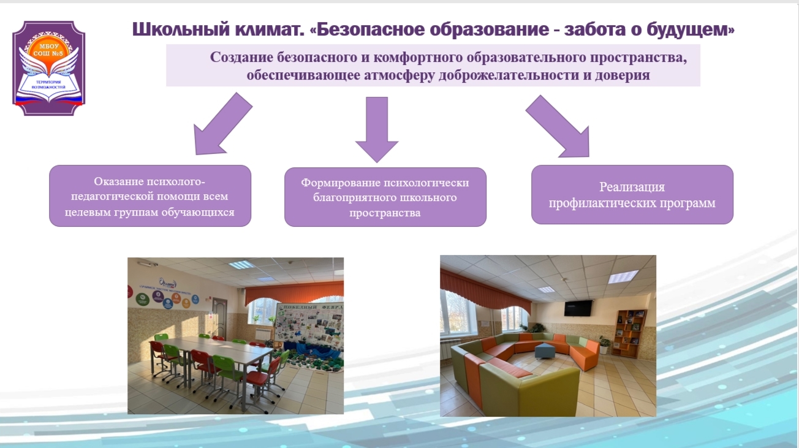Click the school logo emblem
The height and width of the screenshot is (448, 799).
click(x=49, y=68)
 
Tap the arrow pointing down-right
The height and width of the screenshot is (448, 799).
click(x=558, y=125)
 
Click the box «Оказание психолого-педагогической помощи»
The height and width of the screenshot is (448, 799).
click(x=150, y=196)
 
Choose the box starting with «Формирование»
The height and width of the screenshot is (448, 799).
click(x=385, y=197)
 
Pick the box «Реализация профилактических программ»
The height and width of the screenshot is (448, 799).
click(x=632, y=194)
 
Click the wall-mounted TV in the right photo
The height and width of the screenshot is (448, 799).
click(x=578, y=308)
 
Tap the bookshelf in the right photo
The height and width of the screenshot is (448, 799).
click(x=630, y=331)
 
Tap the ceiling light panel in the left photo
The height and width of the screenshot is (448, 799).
click(x=241, y=265)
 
